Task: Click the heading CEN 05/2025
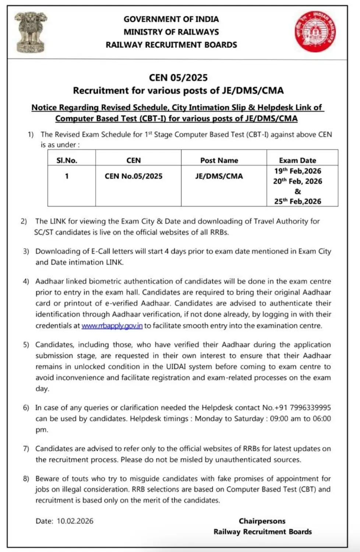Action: tap(178, 78)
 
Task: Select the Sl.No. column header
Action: tap(67, 160)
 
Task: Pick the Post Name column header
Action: tap(219, 160)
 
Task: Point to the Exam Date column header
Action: tap(297, 160)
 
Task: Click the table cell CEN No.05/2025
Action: tap(134, 176)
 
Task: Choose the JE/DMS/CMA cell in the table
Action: tap(219, 176)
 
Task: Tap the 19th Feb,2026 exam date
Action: tap(297, 171)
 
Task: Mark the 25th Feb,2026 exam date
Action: tap(297, 201)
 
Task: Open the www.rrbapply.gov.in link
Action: tap(112, 326)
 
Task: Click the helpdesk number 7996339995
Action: tap(310, 408)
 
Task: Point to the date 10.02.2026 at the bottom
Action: tap(75, 521)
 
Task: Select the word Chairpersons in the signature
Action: tap(262, 521)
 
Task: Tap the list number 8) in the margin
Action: tap(26, 479)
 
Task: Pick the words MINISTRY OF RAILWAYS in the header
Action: tap(171, 32)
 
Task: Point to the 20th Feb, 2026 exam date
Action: tap(297, 181)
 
